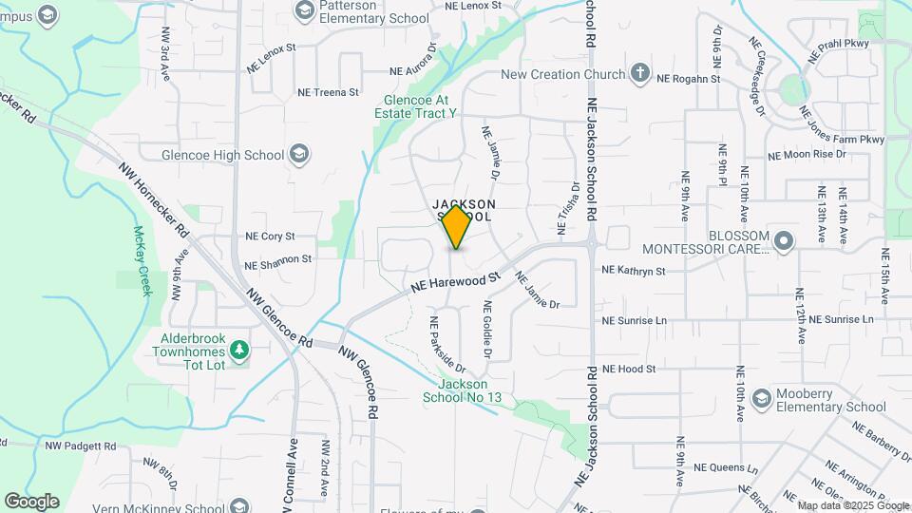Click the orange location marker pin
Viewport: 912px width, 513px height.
[457, 226]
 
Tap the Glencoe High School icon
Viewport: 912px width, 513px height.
[299, 154]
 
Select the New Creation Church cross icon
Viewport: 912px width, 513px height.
[641, 74]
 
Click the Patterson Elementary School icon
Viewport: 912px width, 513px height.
[305, 11]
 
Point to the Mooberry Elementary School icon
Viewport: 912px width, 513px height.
[760, 399]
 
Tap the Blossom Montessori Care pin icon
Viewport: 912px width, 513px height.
[783, 241]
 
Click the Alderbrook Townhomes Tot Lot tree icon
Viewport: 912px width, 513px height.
[240, 351]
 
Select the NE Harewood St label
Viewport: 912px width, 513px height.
[456, 282]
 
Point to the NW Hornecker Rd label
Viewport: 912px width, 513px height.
[154, 199]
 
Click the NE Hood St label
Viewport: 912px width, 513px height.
[629, 369]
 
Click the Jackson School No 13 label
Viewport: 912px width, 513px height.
[462, 390]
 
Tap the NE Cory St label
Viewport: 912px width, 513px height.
[270, 236]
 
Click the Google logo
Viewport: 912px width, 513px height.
[31, 502]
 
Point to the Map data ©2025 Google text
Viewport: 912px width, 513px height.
[853, 505]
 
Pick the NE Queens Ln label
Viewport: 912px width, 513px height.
[726, 467]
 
